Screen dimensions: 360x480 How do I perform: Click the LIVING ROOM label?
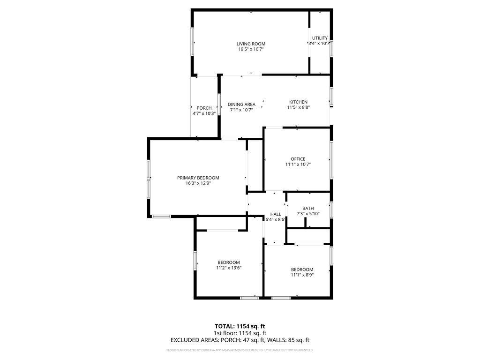coord(251,44)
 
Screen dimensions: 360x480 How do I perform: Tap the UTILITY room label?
coord(320,38)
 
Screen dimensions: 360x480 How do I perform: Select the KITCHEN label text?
coord(298,102)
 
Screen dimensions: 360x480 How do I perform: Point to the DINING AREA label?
coord(241,104)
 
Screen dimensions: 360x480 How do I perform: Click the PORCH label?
coord(204,108)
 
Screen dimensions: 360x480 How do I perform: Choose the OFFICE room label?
coord(298,159)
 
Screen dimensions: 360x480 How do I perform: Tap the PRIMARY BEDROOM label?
coord(198,178)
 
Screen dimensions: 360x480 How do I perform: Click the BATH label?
coord(308,208)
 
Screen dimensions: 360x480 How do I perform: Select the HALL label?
coord(276,214)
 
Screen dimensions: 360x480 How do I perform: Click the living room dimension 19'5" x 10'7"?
coord(251,49)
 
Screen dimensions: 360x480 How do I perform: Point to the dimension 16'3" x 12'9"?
coord(198,183)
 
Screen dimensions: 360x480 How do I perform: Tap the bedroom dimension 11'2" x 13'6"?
coord(229,268)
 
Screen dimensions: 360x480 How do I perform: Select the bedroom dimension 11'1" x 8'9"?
coord(302,275)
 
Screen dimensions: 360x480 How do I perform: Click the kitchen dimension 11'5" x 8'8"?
coord(298,107)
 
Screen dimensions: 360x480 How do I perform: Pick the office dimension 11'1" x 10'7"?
coord(298,165)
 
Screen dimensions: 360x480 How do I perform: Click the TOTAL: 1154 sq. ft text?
coord(240,326)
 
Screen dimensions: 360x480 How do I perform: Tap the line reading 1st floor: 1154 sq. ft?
coord(240,333)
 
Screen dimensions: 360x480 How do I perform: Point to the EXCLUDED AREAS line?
coord(240,340)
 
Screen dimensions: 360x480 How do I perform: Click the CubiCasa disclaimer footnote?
coord(240,350)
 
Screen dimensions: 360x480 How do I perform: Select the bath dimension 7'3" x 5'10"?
coord(308,214)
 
